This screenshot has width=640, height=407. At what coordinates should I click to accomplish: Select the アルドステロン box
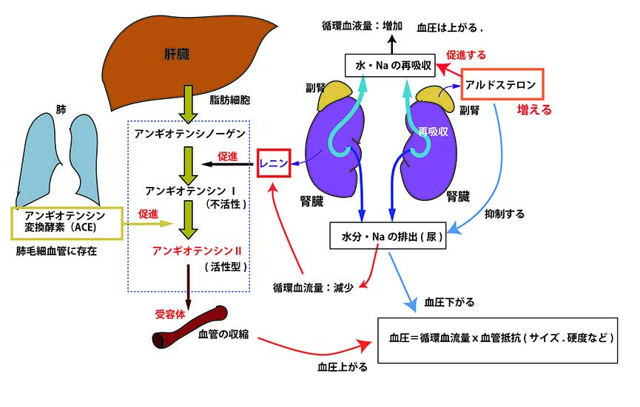pyautogui.click(x=502, y=85)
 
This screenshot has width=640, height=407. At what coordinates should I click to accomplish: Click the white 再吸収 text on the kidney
pyautogui.click(x=432, y=131)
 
